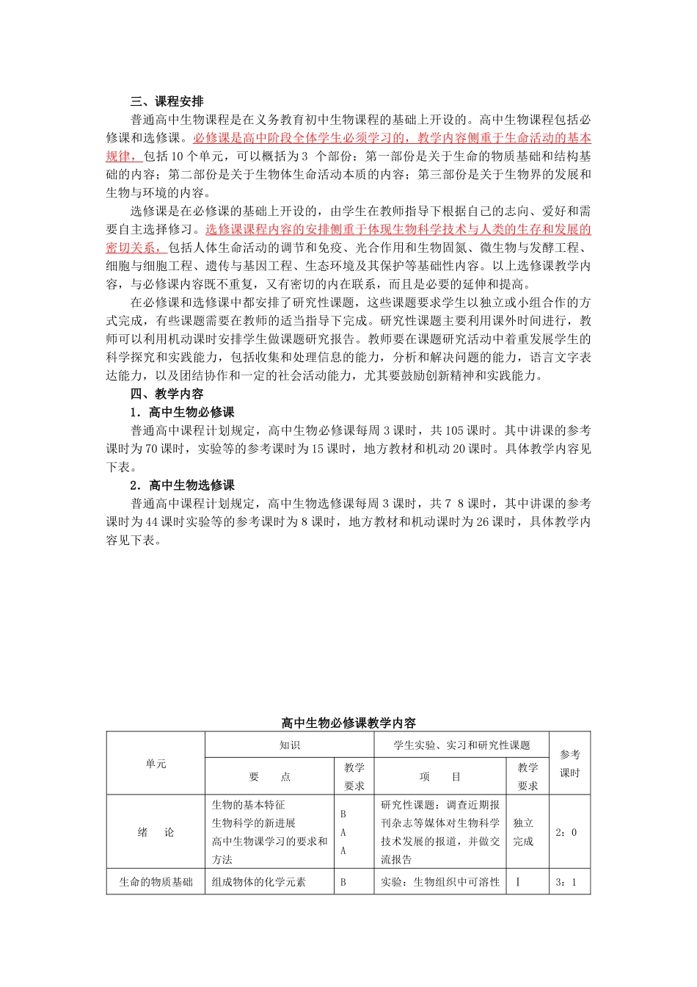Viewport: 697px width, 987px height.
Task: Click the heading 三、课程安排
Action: click(x=167, y=101)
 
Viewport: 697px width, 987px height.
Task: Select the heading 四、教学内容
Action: click(x=167, y=394)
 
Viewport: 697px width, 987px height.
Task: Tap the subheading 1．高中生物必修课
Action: click(x=182, y=412)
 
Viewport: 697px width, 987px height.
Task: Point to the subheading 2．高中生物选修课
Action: click(x=182, y=485)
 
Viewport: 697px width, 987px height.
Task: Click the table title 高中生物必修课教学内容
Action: click(x=348, y=723)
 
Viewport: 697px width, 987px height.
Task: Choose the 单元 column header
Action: click(x=156, y=764)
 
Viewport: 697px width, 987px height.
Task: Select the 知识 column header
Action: click(x=289, y=745)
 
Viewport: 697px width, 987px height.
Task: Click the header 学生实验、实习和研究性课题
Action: click(x=461, y=745)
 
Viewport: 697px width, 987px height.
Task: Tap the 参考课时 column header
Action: click(x=569, y=764)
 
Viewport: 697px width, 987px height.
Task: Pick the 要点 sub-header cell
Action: click(x=270, y=777)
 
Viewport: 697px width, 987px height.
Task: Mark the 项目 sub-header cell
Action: click(x=439, y=777)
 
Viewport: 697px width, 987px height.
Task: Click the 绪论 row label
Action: click(x=156, y=832)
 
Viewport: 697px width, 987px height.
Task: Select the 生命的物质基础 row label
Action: click(x=156, y=882)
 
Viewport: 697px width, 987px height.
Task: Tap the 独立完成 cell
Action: click(x=524, y=832)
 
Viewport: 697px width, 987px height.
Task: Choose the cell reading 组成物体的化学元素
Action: click(x=258, y=882)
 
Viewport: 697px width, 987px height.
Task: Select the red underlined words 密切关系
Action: click(x=131, y=247)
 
